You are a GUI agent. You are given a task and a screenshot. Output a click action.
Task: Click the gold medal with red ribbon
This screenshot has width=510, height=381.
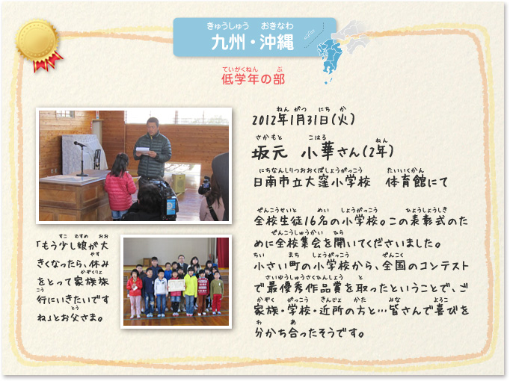(x=38, y=44)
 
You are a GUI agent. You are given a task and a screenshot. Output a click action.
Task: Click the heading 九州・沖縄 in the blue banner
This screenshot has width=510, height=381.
(x=253, y=43)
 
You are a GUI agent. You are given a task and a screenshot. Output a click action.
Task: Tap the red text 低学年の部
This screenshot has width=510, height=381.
(x=253, y=79)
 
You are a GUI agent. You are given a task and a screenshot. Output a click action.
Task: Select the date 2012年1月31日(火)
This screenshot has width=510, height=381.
(x=303, y=120)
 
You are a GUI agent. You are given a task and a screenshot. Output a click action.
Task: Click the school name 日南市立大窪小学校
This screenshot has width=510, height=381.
(x=312, y=182)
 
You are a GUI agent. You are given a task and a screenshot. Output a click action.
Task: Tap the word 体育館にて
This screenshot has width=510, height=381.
(x=417, y=182)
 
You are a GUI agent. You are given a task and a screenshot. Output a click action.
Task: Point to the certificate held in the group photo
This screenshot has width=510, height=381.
(x=176, y=285)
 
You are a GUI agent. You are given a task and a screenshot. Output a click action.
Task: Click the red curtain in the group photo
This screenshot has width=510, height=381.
(x=223, y=253)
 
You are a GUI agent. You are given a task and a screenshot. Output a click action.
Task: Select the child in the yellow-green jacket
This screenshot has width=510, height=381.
(x=190, y=291)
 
